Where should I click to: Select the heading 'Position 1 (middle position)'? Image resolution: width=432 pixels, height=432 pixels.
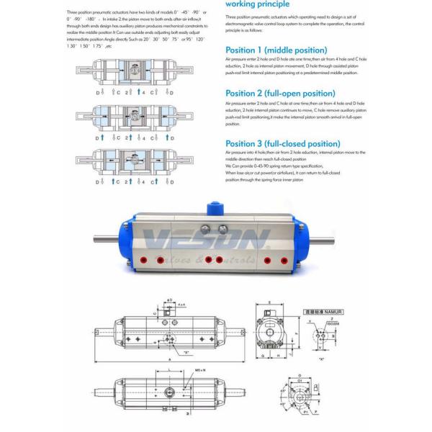click(266, 50)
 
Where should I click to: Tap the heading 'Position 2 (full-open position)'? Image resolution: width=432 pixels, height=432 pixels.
click(274, 93)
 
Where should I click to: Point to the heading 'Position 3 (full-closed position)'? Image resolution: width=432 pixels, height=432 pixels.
click(273, 143)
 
